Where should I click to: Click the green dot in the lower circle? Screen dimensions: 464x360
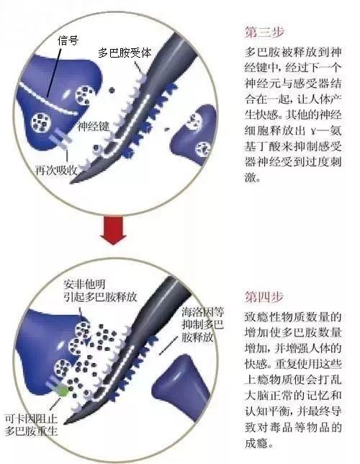click(x=63, y=391)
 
